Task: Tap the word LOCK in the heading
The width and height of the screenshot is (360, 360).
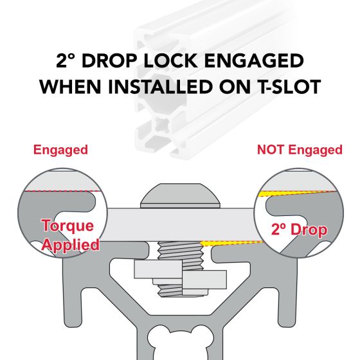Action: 171,60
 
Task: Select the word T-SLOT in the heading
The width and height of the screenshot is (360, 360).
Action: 290,87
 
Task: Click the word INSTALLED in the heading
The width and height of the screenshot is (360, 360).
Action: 161,87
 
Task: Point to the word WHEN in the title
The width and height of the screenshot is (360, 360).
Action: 70,87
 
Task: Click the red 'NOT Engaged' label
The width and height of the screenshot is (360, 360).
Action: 300,150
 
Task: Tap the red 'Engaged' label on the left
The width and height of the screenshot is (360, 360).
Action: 60,150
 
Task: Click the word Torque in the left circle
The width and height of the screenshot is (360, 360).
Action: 67,226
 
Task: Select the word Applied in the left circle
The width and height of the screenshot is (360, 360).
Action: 70,245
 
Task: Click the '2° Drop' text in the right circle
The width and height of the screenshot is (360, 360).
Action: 299,230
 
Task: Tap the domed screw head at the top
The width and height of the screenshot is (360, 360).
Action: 180,195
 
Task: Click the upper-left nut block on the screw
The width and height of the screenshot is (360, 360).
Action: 158,269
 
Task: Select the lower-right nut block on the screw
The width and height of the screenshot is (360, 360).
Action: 204,280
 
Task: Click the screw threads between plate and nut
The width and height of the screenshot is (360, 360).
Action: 180,251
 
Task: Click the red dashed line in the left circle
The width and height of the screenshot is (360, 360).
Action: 62,191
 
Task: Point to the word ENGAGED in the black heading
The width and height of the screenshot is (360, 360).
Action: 254,60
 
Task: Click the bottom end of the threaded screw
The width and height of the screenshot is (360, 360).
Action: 181,296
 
